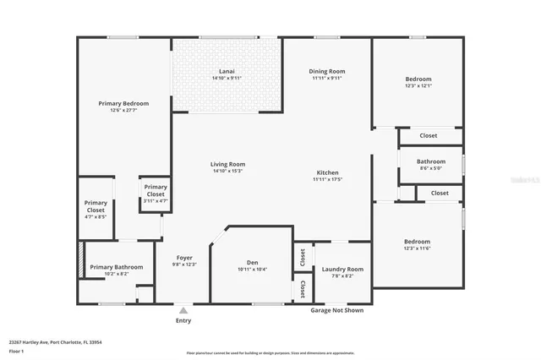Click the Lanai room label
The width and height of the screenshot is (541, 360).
point(227,72)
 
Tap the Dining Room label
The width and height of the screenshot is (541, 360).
point(327,72)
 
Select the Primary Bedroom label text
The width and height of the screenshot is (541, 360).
point(123,103)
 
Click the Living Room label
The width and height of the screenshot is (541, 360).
point(227,164)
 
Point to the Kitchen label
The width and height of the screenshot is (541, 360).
point(327,172)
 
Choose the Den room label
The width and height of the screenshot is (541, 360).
point(251,262)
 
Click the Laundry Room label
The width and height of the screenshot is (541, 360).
point(342,270)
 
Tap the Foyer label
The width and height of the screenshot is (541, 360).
point(184,258)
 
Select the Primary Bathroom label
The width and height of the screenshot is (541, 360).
point(117,267)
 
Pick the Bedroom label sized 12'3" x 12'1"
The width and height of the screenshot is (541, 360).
point(418,79)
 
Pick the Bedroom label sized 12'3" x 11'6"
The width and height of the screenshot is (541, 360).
point(418,242)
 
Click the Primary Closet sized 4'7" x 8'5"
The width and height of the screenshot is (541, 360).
point(96,206)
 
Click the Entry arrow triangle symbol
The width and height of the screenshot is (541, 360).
point(183,310)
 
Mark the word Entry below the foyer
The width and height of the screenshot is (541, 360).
point(183,320)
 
